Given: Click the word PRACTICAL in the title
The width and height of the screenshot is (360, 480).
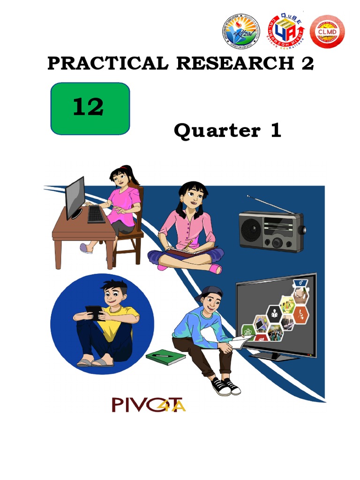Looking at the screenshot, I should (107, 63).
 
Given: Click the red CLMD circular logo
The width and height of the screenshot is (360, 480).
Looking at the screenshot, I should (327, 32).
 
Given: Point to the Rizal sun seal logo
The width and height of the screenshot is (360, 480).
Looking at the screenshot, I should (240, 32).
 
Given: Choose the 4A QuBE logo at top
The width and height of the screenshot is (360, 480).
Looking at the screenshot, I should (285, 31).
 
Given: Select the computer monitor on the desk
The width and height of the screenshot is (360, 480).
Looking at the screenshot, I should (75, 197).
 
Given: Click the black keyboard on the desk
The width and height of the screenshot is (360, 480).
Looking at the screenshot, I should (96, 214).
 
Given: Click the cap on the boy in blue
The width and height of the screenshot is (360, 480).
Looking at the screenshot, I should (209, 293).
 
